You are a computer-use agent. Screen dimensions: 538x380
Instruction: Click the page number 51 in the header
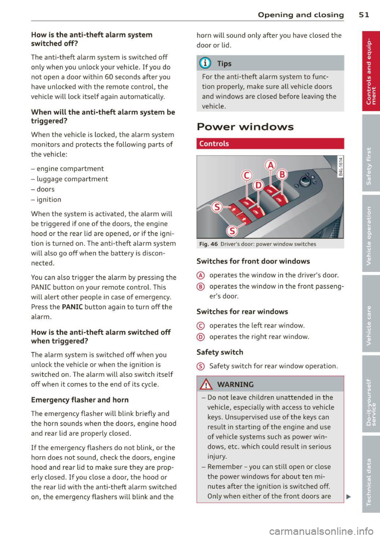click(364, 15)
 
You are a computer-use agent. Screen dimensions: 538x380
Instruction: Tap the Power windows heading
click(245, 127)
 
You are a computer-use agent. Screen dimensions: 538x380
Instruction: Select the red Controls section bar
click(270, 143)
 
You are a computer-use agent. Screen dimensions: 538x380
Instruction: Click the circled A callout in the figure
click(270, 164)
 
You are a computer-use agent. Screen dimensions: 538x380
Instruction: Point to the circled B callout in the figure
click(282, 174)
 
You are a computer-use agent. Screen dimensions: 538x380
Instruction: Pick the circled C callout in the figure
click(247, 175)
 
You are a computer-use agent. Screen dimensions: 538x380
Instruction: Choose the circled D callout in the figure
click(258, 185)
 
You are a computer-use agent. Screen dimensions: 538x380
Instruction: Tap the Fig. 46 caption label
click(208, 244)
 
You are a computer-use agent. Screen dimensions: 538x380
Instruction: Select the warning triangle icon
click(207, 384)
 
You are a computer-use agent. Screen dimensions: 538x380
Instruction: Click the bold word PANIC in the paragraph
click(72, 307)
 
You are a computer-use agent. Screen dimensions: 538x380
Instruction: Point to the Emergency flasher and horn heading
click(80, 400)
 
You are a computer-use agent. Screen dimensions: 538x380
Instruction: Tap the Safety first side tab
click(369, 166)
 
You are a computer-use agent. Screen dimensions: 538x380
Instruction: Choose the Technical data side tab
click(369, 481)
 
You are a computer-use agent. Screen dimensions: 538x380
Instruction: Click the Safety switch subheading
click(220, 352)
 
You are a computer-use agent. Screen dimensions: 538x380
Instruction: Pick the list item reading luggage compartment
click(70, 179)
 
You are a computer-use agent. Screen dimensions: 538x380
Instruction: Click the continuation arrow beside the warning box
click(348, 496)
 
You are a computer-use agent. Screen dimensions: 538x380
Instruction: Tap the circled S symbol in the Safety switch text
click(200, 366)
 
